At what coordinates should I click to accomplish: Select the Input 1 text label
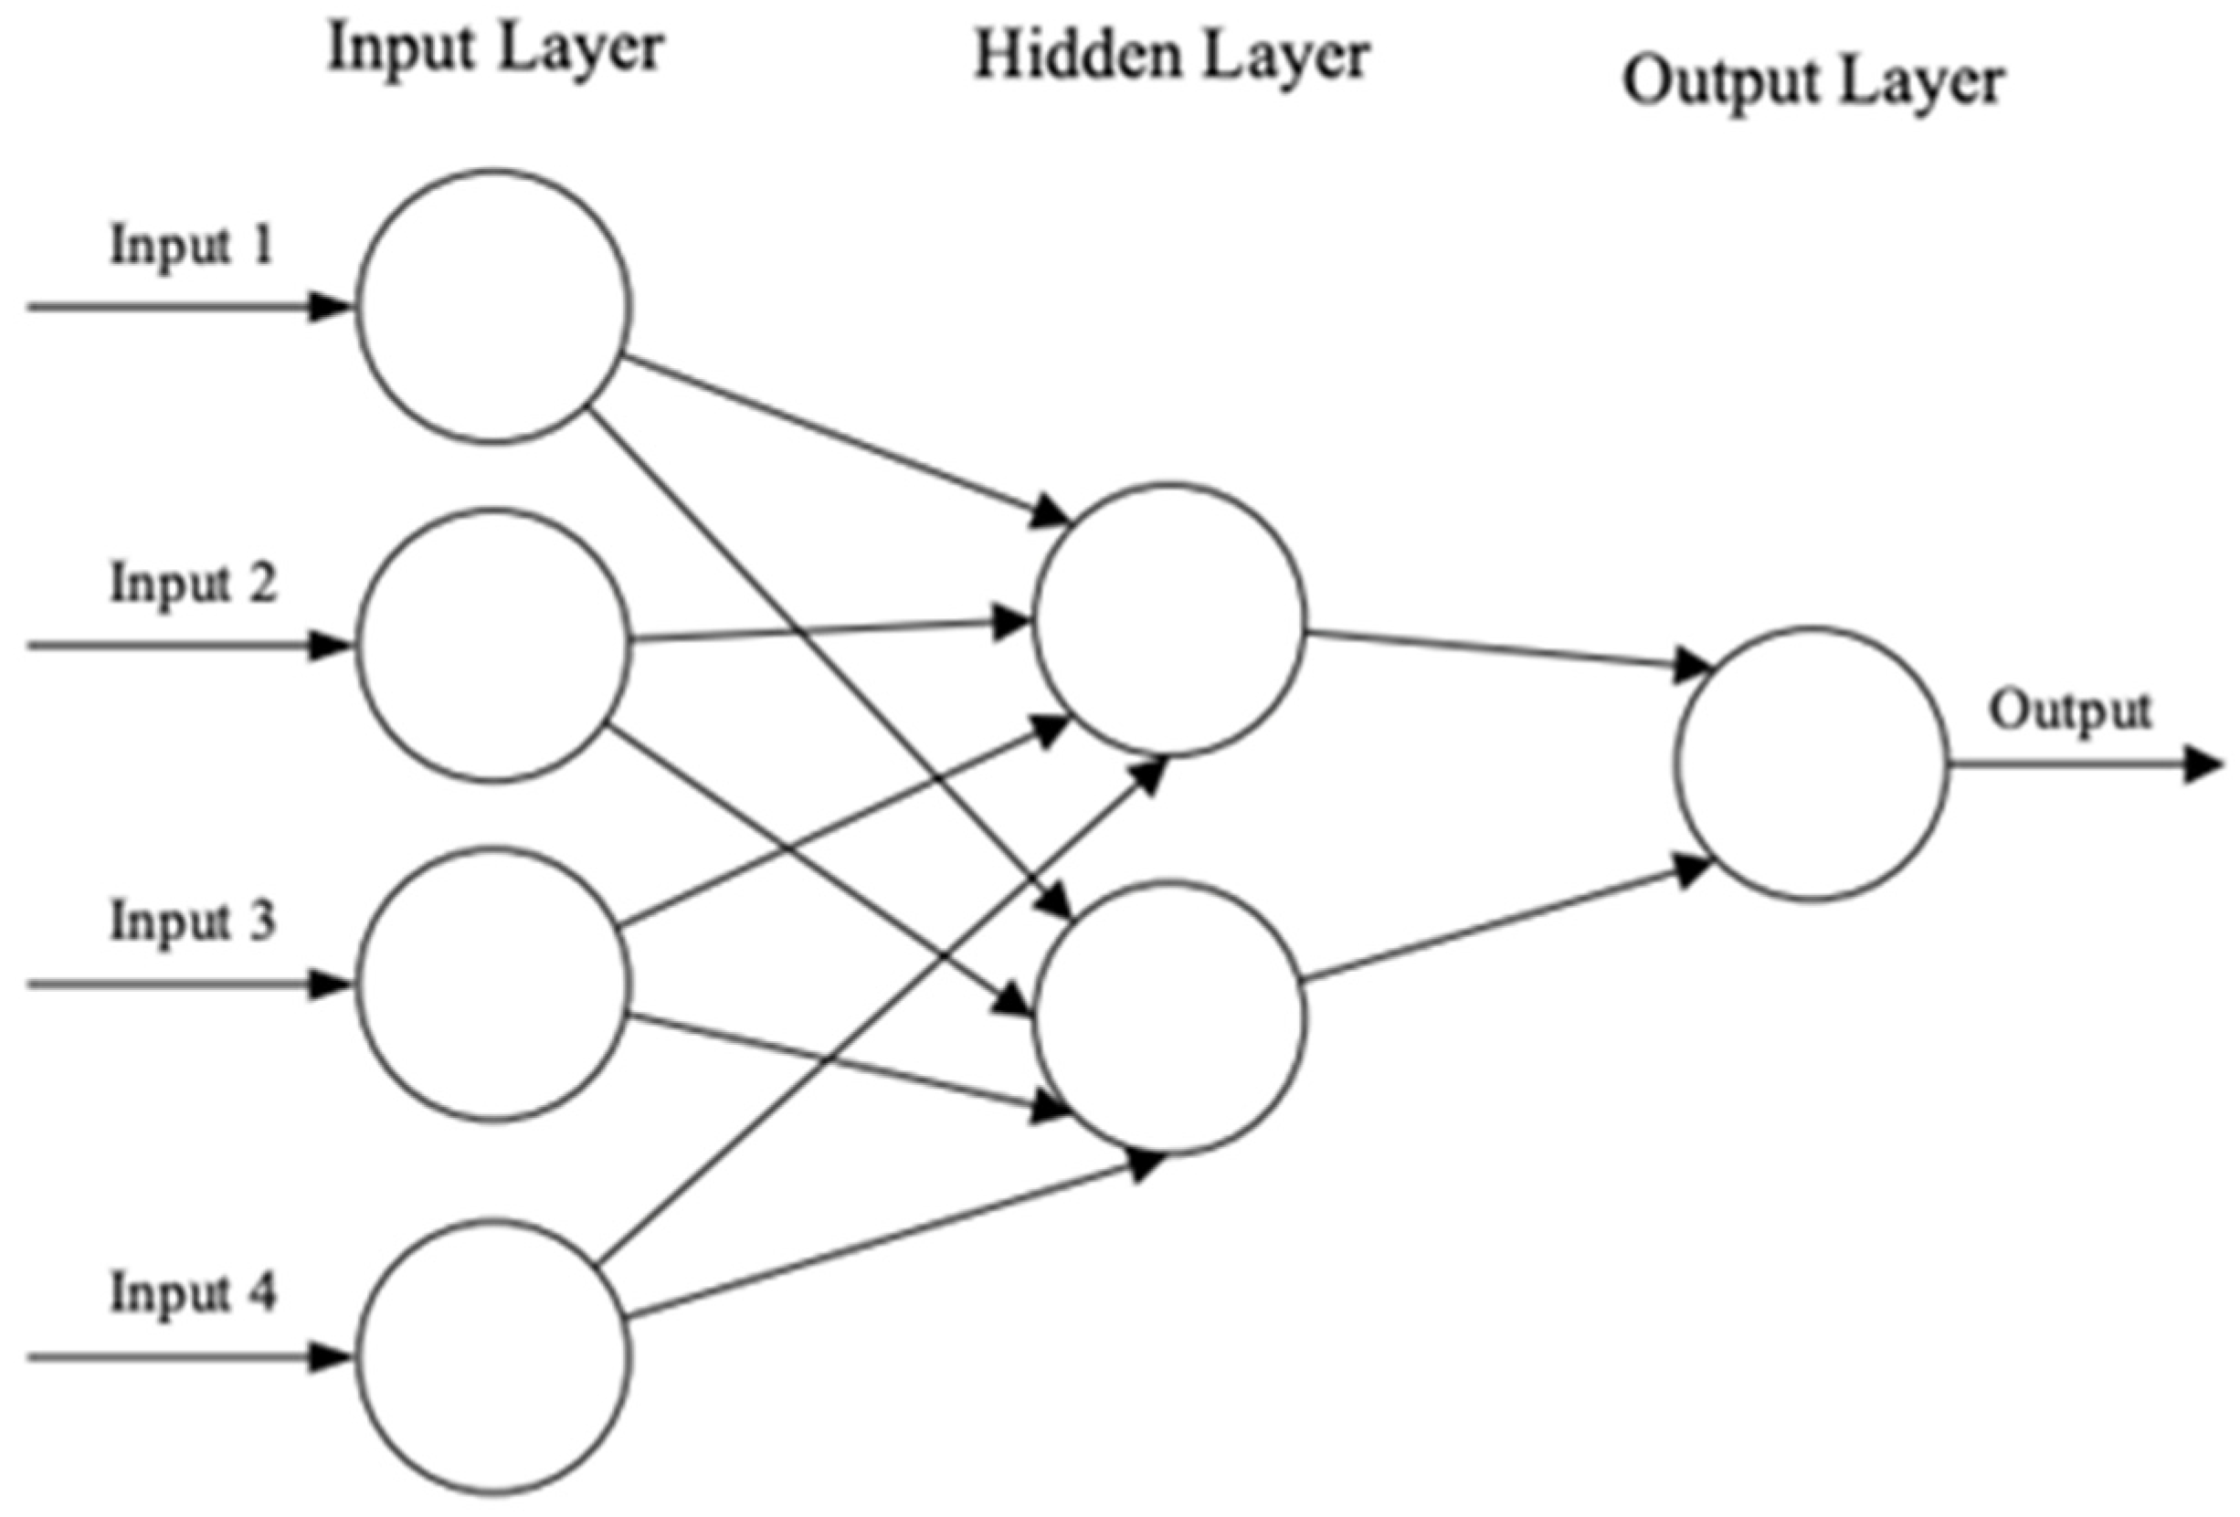(x=192, y=246)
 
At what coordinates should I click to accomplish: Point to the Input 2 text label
(x=193, y=584)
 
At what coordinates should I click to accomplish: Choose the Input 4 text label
(x=193, y=1294)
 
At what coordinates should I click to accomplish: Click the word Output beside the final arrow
(x=2069, y=712)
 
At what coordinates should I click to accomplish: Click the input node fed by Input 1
(x=494, y=308)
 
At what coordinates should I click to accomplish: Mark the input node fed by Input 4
(x=494, y=1357)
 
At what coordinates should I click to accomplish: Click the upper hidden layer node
(x=1170, y=621)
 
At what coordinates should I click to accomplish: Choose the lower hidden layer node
(x=1170, y=1018)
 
